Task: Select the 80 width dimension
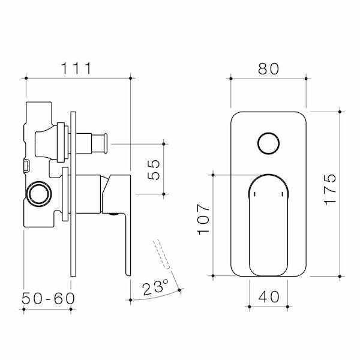(x=269, y=68)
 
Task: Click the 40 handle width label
(x=268, y=296)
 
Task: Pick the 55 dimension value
(x=152, y=169)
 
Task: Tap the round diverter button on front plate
(x=268, y=145)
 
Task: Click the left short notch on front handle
(x=254, y=195)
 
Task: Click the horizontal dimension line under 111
(x=78, y=77)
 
